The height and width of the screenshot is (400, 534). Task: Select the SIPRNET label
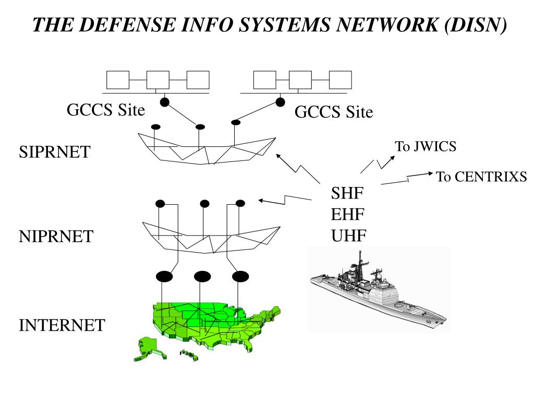click(x=54, y=152)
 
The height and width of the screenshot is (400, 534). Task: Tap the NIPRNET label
click(x=56, y=236)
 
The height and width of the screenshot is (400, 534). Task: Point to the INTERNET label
click(x=62, y=326)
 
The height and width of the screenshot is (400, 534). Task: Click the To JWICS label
click(x=426, y=147)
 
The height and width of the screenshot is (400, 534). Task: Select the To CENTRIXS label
click(x=481, y=177)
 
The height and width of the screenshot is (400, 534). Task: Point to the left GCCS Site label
click(x=106, y=110)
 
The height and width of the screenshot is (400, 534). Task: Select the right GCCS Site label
click(x=334, y=112)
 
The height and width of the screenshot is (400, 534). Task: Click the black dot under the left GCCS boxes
click(x=164, y=102)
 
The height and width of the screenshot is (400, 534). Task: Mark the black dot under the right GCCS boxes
click(x=281, y=102)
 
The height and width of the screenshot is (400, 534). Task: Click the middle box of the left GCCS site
click(x=158, y=80)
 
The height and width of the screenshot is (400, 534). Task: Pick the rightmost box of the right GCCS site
click(x=340, y=80)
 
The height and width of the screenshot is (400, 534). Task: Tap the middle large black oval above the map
click(x=201, y=276)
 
